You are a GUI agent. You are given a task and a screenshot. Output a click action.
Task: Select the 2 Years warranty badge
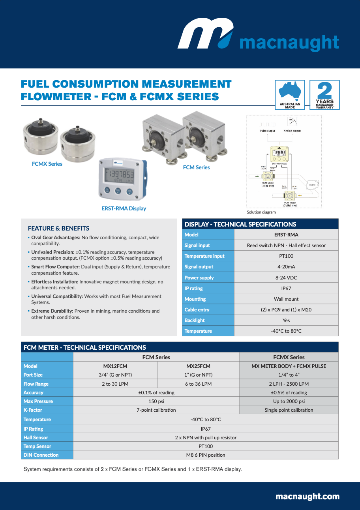324,95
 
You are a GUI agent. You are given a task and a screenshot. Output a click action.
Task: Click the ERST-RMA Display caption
124,208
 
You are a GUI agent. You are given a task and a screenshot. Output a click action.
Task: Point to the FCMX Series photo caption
47,164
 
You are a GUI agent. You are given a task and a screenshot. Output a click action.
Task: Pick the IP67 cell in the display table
286,288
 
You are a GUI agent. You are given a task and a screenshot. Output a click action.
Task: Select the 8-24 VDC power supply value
286,277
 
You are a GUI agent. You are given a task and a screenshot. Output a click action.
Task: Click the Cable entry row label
197,309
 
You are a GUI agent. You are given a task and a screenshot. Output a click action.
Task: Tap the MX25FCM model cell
198,366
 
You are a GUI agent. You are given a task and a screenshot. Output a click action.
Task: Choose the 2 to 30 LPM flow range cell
115,384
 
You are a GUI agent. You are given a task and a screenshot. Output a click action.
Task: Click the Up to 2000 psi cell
289,401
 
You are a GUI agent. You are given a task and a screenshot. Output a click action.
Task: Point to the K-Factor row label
33,410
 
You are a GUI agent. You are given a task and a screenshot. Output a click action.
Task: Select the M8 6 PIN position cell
206,455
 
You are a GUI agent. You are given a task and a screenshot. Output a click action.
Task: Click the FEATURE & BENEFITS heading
58,228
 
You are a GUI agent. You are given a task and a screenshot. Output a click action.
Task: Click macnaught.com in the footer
307,496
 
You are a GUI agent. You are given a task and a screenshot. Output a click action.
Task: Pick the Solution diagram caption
261,212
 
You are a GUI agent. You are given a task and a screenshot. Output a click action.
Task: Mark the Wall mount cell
286,299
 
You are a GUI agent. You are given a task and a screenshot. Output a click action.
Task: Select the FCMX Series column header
289,357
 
